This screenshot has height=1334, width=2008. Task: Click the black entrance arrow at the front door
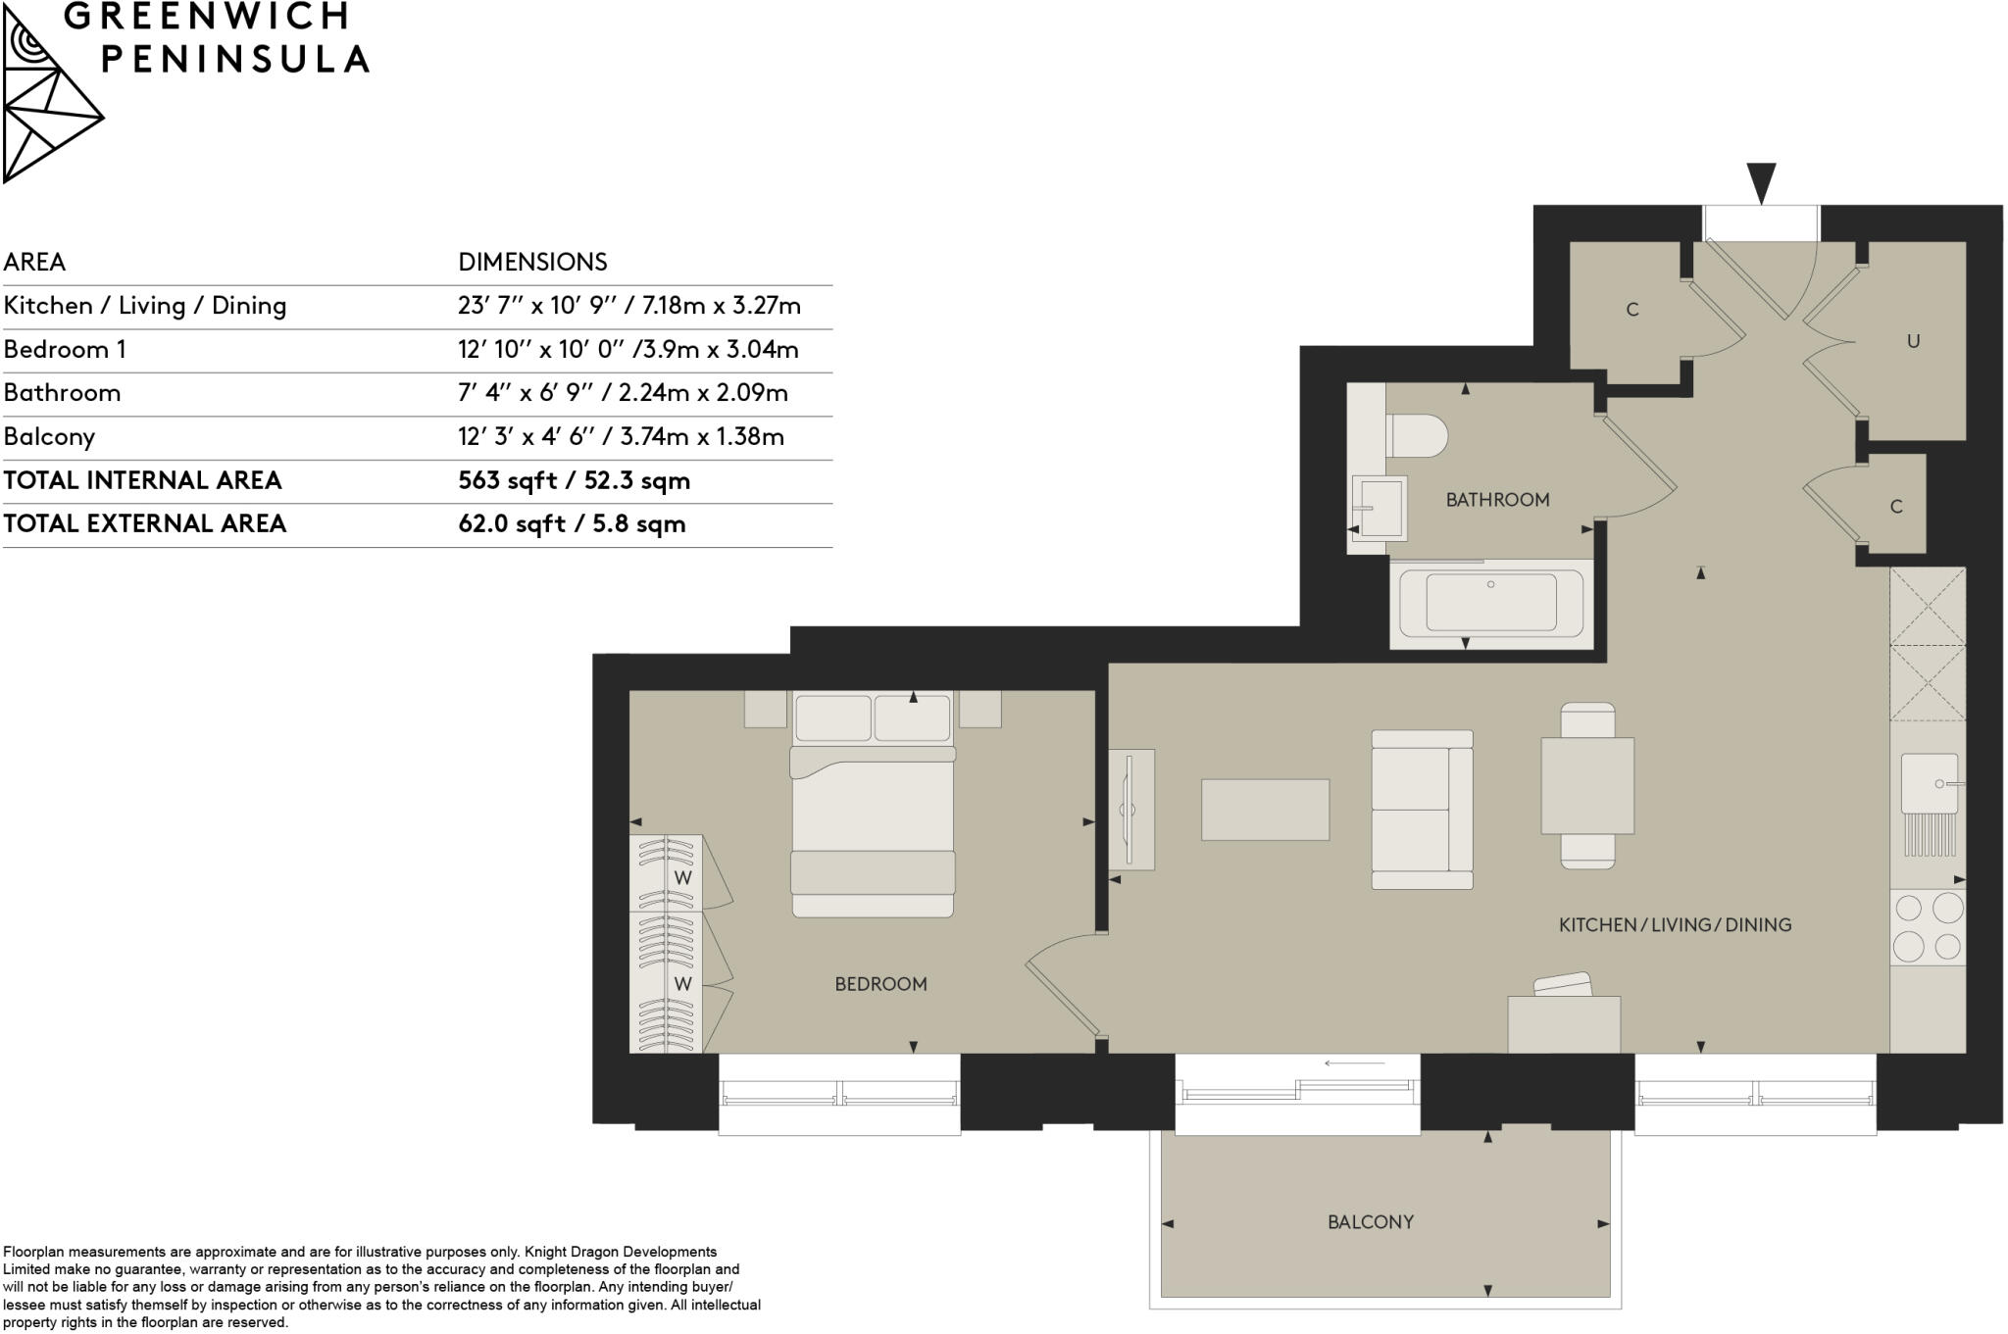pos(1761,182)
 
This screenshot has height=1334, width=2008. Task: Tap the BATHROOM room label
pos(1497,500)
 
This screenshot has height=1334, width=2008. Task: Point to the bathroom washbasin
pos(1380,507)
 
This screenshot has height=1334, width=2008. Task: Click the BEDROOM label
pos(880,984)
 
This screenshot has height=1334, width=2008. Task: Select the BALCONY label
pos(1370,1222)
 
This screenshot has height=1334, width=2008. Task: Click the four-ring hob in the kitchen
pos(1928,926)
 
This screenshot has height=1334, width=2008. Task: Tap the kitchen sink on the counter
pos(1929,784)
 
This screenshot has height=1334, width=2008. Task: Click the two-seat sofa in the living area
pos(1421,810)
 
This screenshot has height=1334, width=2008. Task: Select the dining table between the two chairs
pos(1586,786)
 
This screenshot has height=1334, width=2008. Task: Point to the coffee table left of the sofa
pos(1265,810)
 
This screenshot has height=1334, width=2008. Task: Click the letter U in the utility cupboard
pos(1912,342)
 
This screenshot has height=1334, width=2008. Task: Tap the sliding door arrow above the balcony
pos(1354,1062)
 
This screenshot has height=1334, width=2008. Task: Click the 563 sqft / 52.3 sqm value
pos(574,481)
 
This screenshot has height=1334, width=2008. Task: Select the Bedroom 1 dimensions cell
pos(627,350)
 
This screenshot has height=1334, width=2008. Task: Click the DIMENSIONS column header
pos(532,262)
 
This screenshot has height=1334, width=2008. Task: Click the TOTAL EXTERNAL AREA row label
pos(144,524)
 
